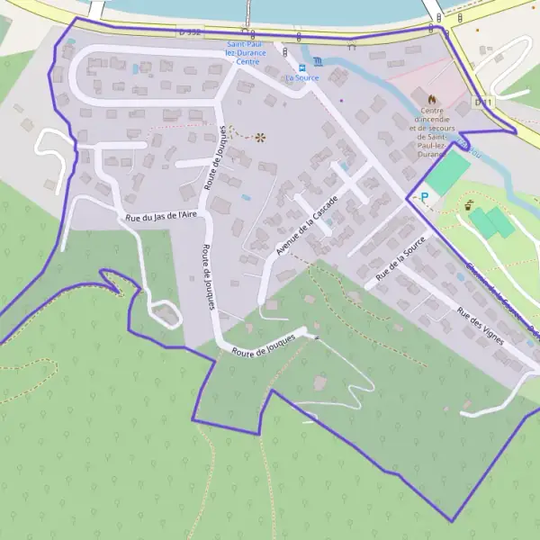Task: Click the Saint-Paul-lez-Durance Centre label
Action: coord(247,53)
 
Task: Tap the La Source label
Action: coord(301,78)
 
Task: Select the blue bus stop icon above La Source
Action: coord(302,66)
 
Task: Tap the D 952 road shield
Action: coord(189,31)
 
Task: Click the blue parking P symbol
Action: coord(423,197)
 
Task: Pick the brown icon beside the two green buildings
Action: coord(470,206)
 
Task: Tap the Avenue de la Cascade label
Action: coord(307,225)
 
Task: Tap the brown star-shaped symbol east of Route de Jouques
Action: coord(261,137)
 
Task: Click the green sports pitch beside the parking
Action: coord(447,173)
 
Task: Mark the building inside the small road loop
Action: coord(165,315)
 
